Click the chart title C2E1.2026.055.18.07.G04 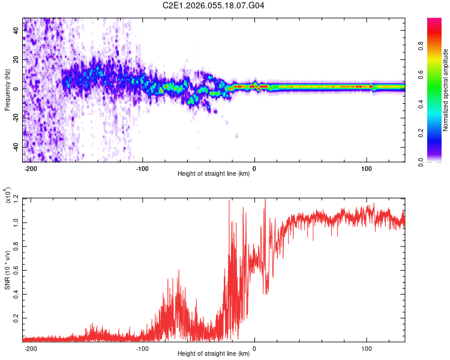pos(214,6)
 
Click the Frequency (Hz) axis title pos(7,90)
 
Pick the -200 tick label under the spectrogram pos(32,169)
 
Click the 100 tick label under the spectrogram pos(366,169)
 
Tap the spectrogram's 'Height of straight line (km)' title pos(213,174)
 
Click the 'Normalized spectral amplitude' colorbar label pos(446,91)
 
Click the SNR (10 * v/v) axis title pos(7,270)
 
